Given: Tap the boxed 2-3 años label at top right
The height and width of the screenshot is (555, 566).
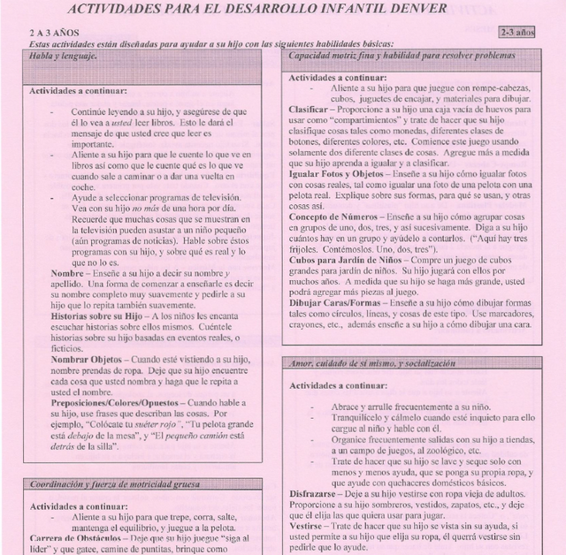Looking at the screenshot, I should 516,32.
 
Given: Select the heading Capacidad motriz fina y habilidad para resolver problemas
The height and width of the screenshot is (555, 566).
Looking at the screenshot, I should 395,56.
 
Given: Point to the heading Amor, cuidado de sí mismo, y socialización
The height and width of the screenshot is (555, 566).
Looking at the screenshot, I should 371,363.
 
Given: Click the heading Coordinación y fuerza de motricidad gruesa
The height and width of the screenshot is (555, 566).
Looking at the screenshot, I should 115,484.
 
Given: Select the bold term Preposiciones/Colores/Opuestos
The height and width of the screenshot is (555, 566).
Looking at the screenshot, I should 115,402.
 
